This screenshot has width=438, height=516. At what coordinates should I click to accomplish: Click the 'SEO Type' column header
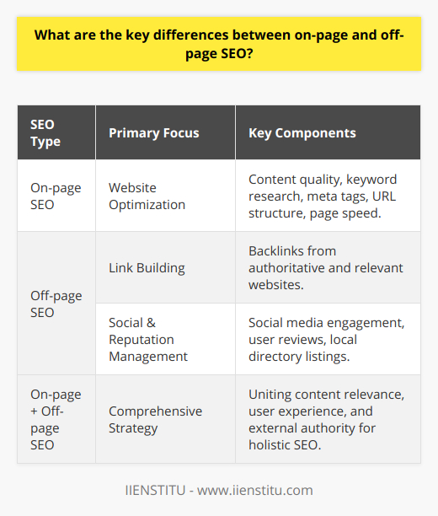pyautogui.click(x=45, y=133)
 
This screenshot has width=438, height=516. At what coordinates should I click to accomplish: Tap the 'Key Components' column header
pyautogui.click(x=302, y=133)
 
